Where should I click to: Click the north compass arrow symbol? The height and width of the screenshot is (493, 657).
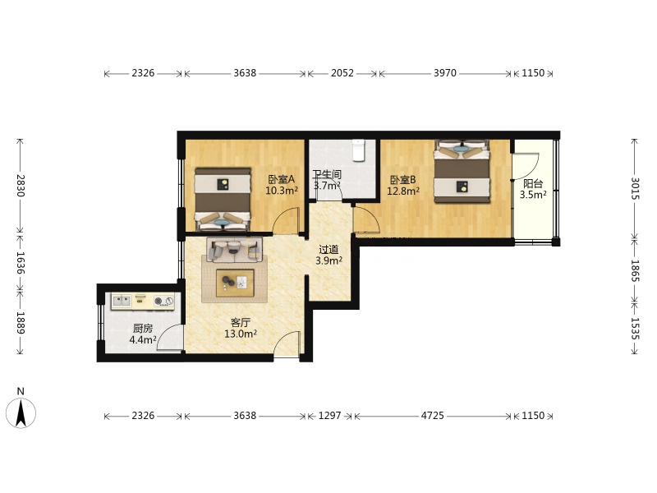tap(21, 413)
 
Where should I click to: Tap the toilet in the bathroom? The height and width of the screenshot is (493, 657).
tap(359, 150)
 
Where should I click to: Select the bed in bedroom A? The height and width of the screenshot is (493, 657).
tap(223, 200)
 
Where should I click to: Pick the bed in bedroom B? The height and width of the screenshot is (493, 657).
tap(462, 171)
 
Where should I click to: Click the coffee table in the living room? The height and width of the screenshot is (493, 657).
tap(235, 283)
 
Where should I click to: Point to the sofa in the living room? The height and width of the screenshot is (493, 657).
tap(234, 250)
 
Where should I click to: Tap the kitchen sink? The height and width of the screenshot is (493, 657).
tap(122, 301)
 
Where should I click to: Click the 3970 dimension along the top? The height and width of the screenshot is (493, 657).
tap(444, 73)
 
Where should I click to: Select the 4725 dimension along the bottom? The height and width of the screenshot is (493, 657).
tap(433, 416)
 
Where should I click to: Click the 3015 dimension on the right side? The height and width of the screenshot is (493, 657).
tap(635, 189)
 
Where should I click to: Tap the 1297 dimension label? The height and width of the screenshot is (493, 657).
tap(330, 416)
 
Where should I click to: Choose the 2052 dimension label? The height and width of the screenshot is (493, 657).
tap(342, 73)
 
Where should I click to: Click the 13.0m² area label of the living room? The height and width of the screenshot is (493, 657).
tap(241, 334)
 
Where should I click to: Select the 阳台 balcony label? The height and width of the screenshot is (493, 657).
tap(533, 183)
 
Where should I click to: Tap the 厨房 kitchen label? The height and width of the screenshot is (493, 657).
tap(143, 328)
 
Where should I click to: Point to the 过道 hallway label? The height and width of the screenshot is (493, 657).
tap(328, 250)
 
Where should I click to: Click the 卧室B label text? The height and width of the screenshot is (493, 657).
tap(402, 180)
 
